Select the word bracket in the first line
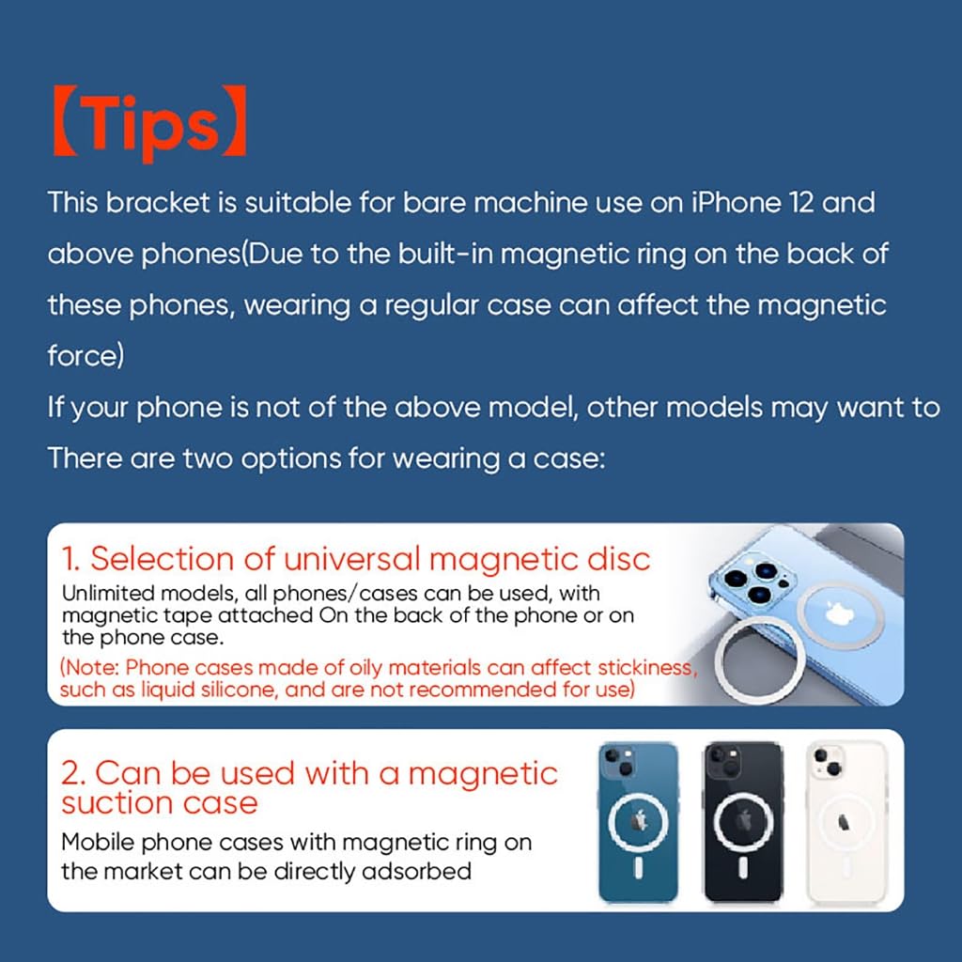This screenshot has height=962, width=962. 158,202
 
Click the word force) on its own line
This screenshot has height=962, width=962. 85,355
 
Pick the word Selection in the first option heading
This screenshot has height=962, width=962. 162,559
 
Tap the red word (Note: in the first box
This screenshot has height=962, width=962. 89,668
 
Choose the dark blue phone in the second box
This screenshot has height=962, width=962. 639,822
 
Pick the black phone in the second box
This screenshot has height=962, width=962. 743,822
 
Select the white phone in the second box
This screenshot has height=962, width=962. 846,822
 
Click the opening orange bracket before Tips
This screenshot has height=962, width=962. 65,120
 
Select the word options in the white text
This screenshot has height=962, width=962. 290,458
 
